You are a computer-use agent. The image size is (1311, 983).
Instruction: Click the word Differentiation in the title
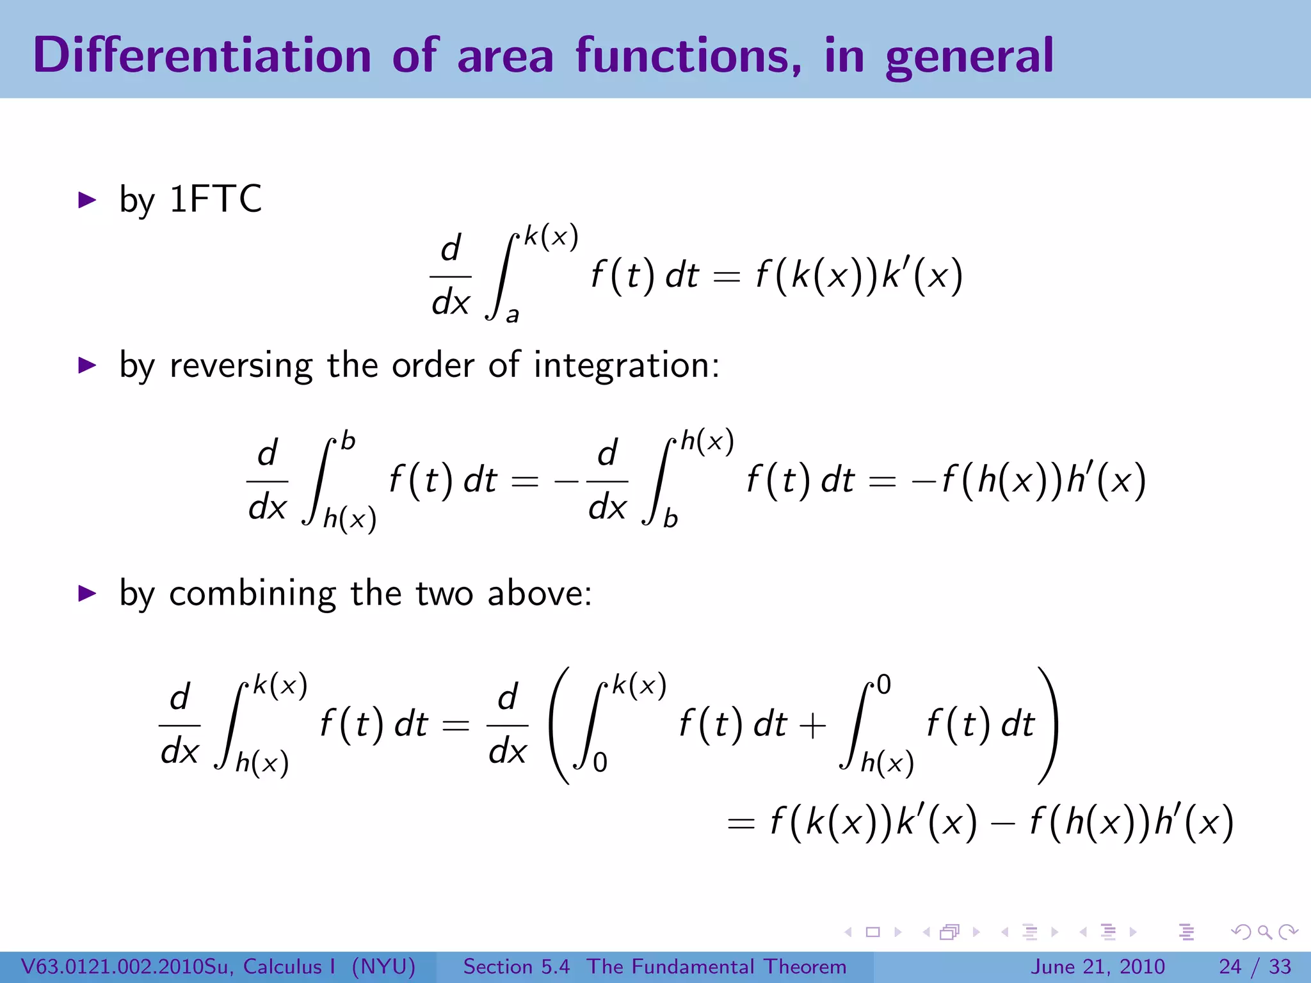pos(202,55)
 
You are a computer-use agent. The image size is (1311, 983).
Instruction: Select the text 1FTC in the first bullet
pos(216,199)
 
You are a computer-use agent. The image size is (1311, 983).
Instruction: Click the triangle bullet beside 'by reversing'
pos(86,365)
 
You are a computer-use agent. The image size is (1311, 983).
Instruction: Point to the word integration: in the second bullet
pos(627,366)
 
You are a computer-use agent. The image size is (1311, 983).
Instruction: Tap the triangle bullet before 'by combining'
pos(86,593)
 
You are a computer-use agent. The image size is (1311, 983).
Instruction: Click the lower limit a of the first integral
pos(512,315)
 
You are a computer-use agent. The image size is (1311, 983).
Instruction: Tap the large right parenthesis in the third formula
pos(1047,725)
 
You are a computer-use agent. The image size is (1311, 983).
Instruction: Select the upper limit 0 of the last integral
pos(883,685)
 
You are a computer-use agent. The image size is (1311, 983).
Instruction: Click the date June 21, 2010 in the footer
pos(1097,966)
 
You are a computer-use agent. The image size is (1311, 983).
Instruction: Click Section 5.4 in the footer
pos(516,966)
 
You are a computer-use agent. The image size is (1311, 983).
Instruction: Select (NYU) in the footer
pos(383,966)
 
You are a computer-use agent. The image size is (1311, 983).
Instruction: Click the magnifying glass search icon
pos(1264,932)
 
